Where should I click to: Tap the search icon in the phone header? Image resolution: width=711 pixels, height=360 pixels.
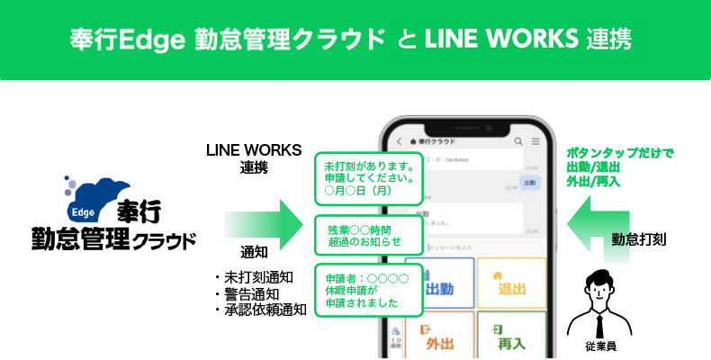tap(517, 141)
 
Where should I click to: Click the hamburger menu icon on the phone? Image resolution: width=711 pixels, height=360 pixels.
tap(535, 141)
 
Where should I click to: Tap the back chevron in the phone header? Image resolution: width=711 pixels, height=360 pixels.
tap(399, 141)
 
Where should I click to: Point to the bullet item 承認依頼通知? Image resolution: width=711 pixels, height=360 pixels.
tap(261, 310)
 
